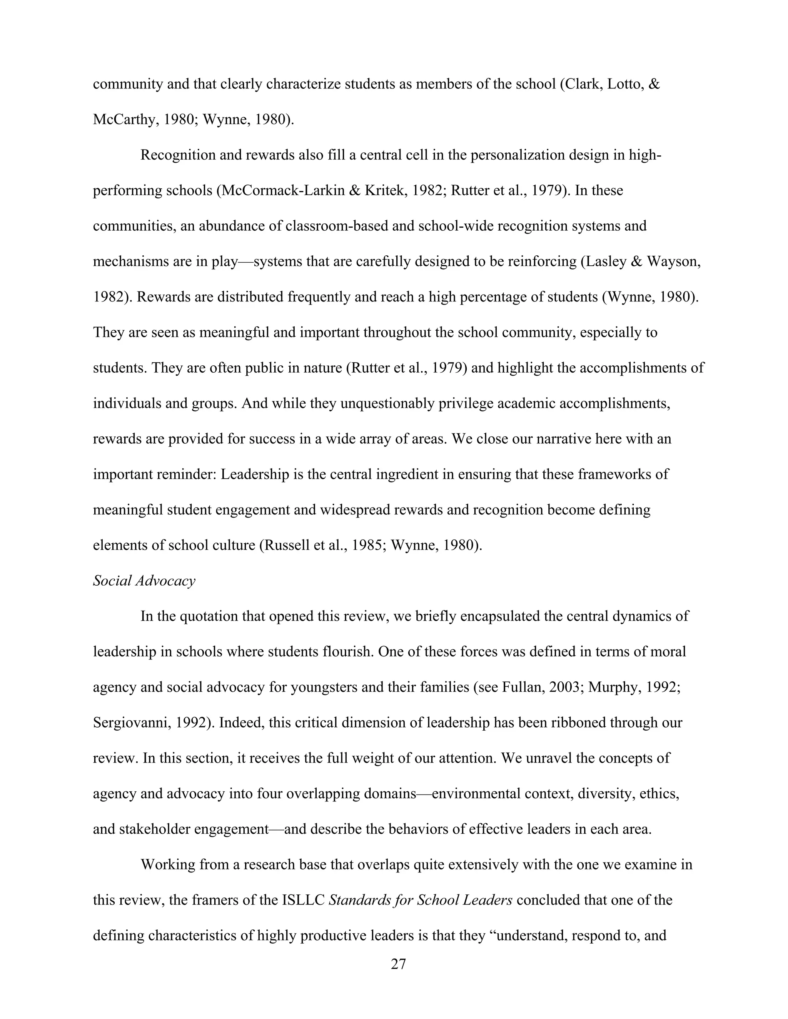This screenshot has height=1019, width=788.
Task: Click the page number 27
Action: (398, 964)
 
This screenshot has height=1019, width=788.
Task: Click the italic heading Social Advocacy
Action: (144, 581)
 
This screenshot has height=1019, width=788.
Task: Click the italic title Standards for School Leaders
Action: (421, 900)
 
